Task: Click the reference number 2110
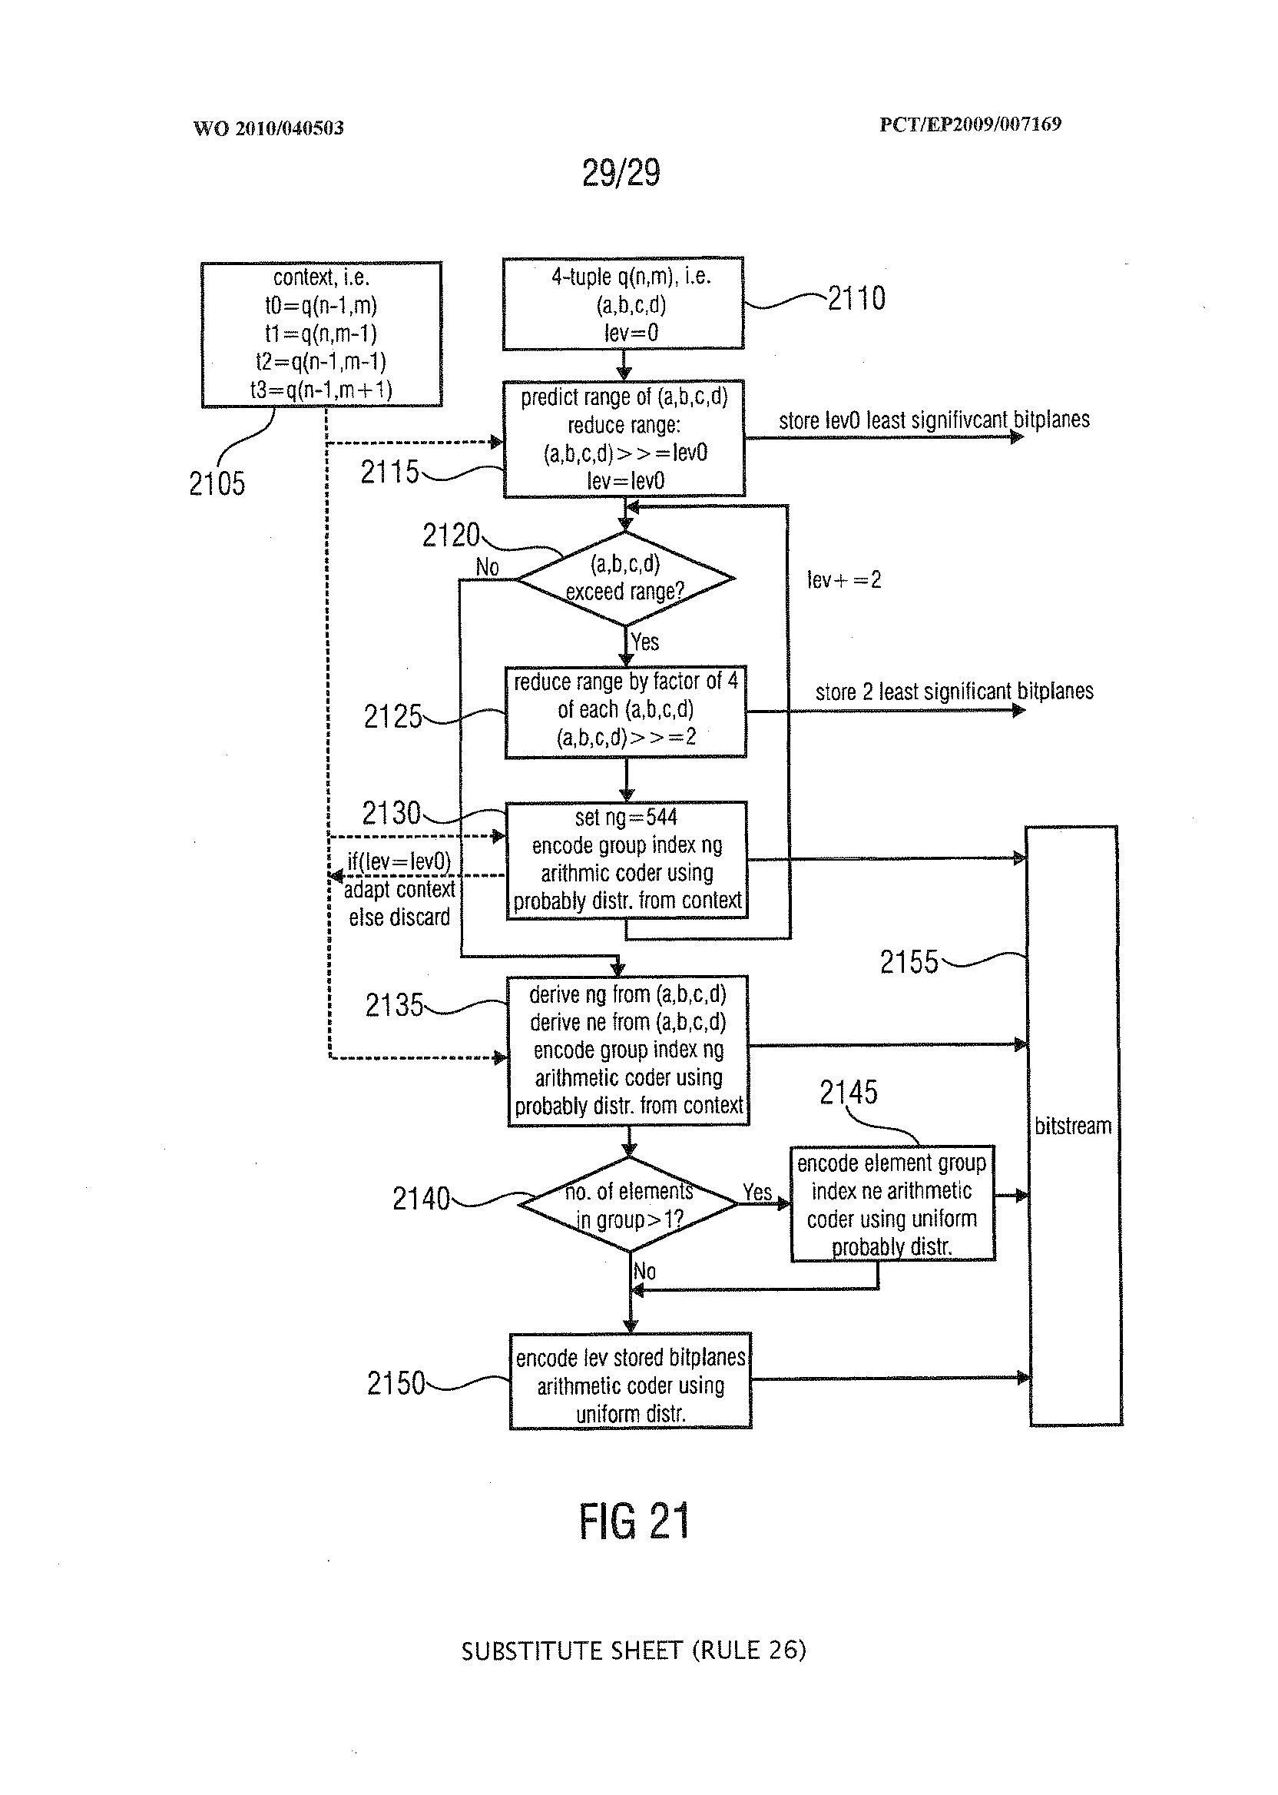pyautogui.click(x=856, y=299)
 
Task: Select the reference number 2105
pyautogui.click(x=217, y=483)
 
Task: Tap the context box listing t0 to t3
pyautogui.click(x=321, y=333)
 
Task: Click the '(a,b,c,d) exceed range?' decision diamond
pyautogui.click(x=625, y=579)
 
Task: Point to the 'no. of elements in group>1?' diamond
pyautogui.click(x=628, y=1205)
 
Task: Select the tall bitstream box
pyautogui.click(x=1074, y=1126)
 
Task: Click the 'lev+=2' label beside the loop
pyautogui.click(x=843, y=581)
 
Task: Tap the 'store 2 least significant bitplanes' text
pyautogui.click(x=954, y=692)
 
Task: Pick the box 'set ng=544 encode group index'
pyautogui.click(x=627, y=860)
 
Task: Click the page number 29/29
pyautogui.click(x=621, y=173)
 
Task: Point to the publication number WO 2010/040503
pyautogui.click(x=268, y=128)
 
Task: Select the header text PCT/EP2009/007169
pyautogui.click(x=970, y=124)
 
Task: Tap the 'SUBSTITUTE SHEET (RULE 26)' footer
pyautogui.click(x=634, y=1650)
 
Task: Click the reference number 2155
pyautogui.click(x=909, y=962)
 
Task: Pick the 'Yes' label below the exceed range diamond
pyautogui.click(x=645, y=642)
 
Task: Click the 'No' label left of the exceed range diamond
pyautogui.click(x=487, y=567)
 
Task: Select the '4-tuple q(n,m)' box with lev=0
pyautogui.click(x=624, y=304)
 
